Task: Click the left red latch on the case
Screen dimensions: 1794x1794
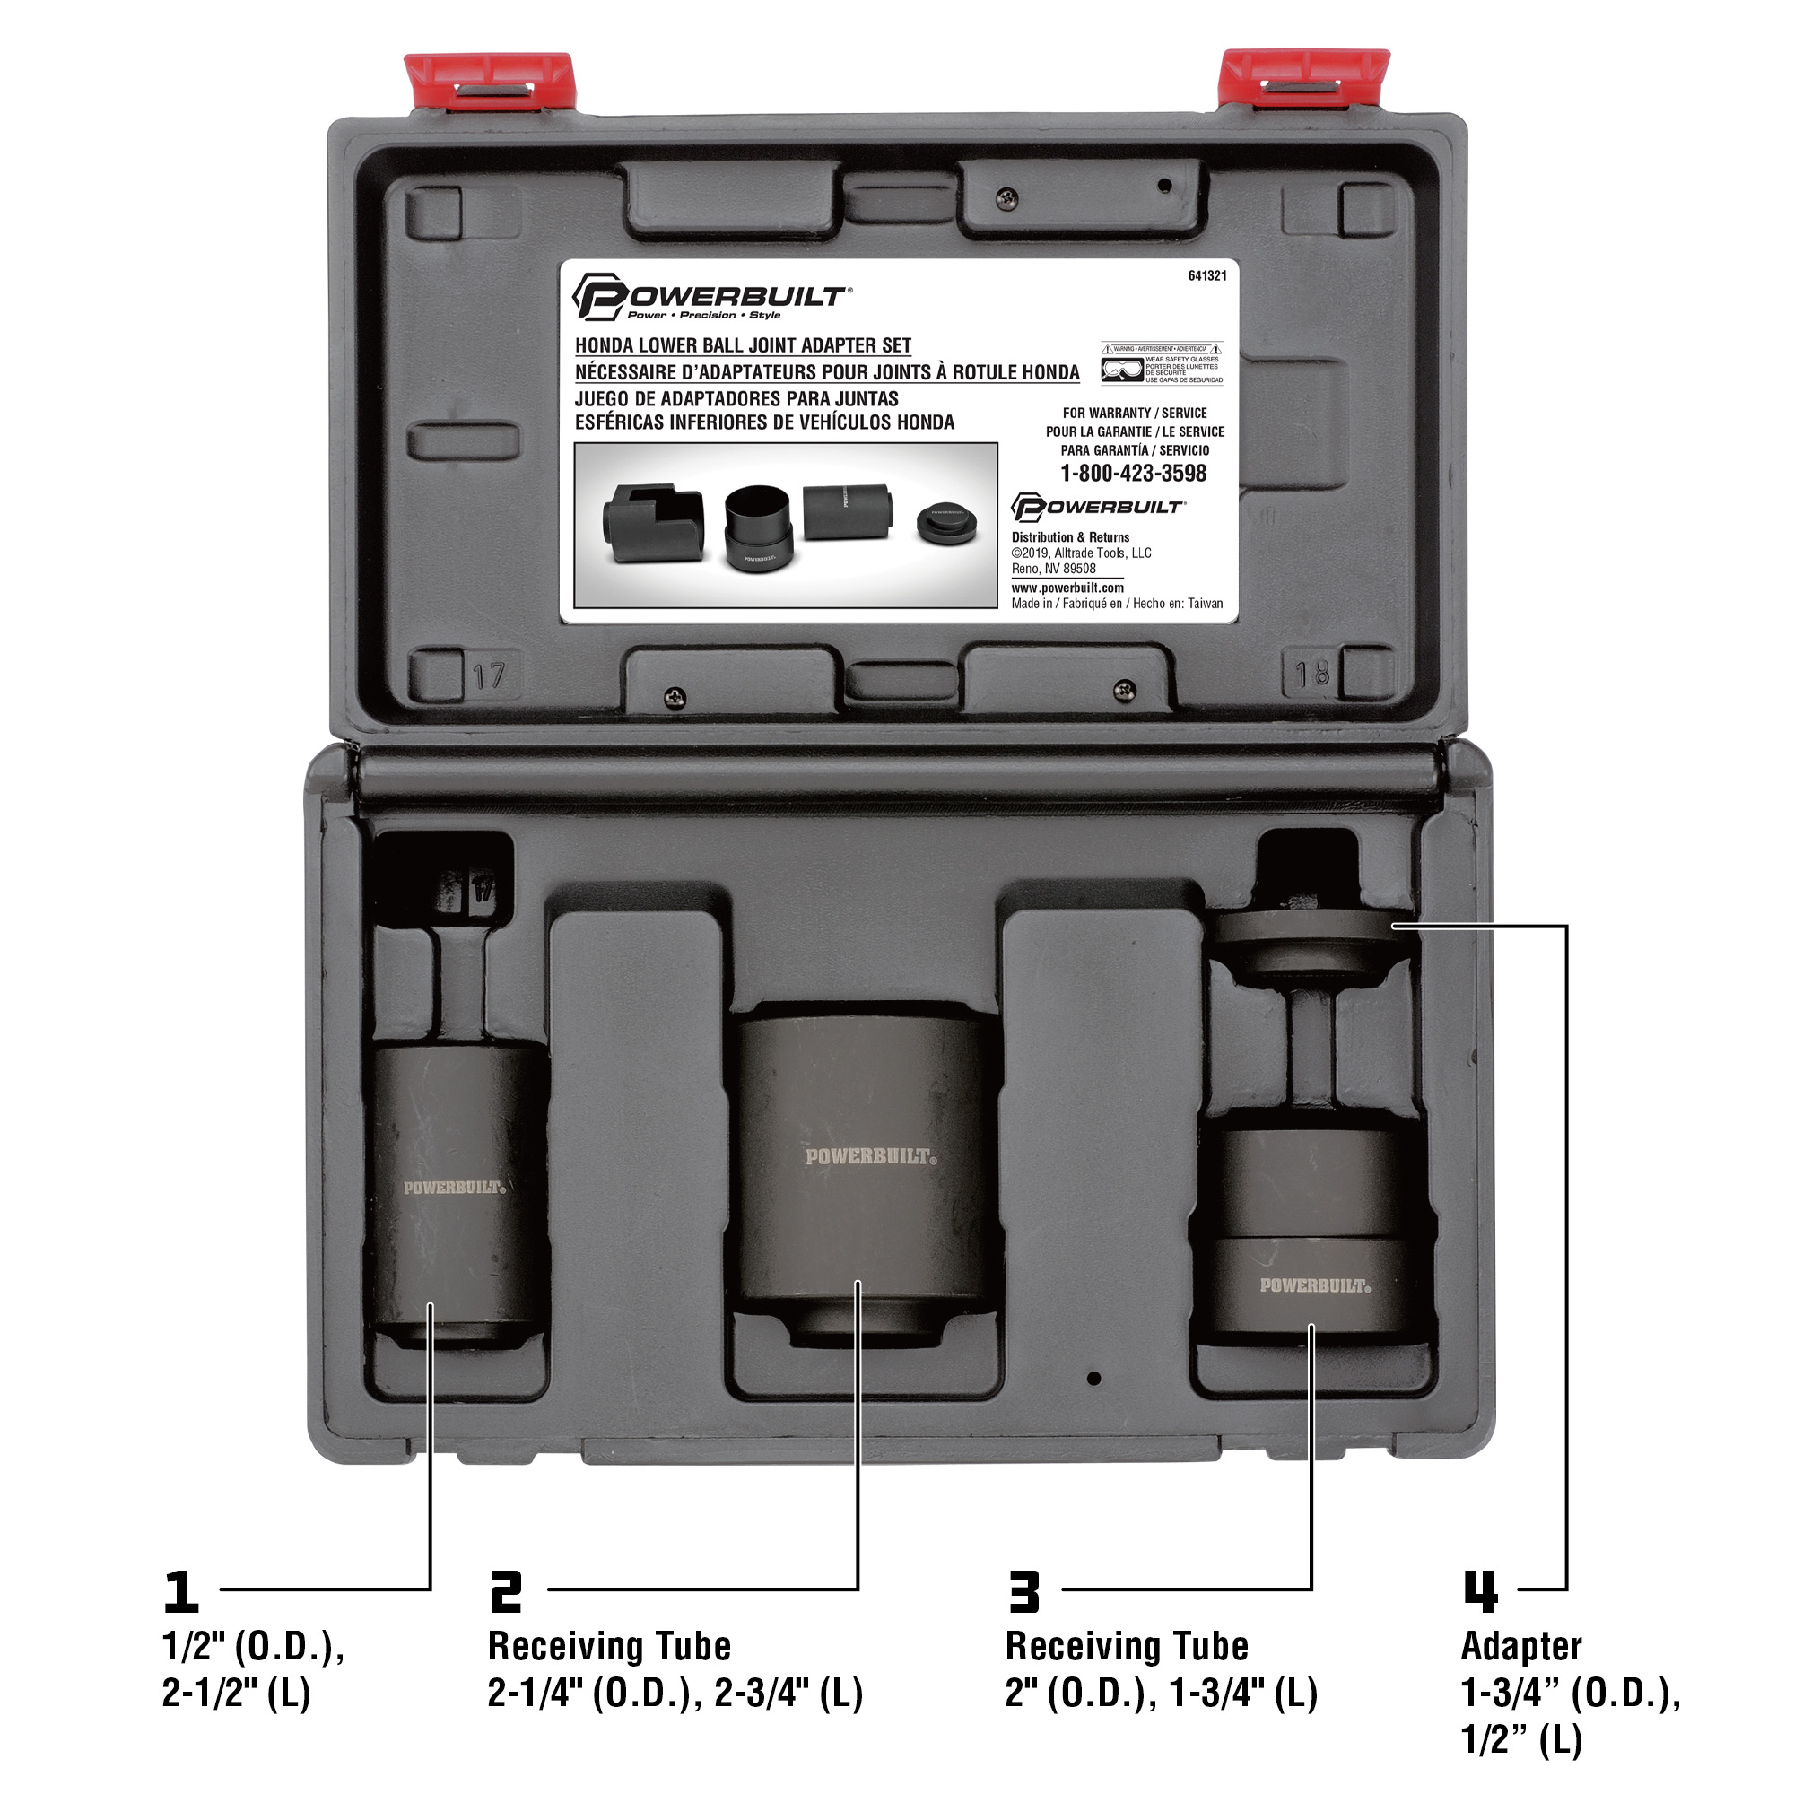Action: point(490,82)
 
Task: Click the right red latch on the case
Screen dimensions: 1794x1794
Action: point(1302,79)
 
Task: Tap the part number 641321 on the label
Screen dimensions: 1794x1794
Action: point(1207,275)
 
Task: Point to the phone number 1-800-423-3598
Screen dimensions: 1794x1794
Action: point(1133,474)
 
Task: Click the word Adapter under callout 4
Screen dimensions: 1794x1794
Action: point(1521,1646)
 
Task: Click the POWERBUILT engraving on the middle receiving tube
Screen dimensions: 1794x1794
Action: point(871,1157)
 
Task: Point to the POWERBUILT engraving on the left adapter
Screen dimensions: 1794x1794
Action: point(454,1188)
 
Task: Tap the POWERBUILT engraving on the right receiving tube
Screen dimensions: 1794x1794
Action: point(1315,1286)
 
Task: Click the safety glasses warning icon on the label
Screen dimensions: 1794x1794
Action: point(1122,370)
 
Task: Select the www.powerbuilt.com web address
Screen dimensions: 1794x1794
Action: point(1067,588)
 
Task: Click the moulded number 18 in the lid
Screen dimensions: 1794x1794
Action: point(1311,674)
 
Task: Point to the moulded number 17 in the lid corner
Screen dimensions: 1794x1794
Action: point(489,675)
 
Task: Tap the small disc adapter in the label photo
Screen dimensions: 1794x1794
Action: point(946,523)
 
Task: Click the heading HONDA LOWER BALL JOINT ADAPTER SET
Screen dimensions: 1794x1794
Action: point(743,345)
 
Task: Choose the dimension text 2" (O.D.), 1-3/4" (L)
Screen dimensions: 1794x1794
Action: point(1161,1694)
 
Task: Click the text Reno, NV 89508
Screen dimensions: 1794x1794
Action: point(1053,570)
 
